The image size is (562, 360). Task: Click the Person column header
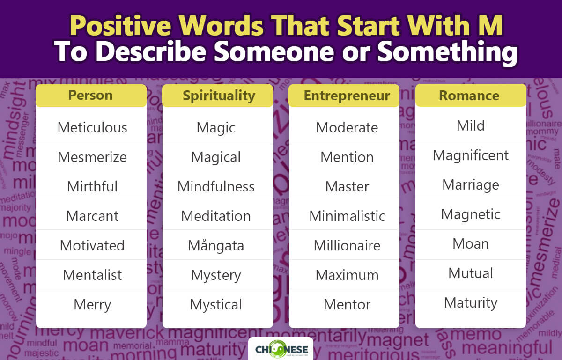[x=90, y=96]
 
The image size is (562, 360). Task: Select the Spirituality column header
[x=219, y=96]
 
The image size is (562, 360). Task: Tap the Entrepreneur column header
[x=347, y=96]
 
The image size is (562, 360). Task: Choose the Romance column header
[x=469, y=96]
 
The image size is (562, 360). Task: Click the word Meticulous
[x=92, y=127]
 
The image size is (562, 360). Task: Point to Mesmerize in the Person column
[x=92, y=157]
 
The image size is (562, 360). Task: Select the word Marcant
[x=92, y=216]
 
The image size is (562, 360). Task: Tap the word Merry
[x=92, y=304]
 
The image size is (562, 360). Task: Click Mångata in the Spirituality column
[x=216, y=245]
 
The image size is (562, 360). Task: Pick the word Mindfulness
[x=216, y=186]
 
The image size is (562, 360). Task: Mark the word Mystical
[x=216, y=304]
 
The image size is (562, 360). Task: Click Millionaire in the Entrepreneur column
[x=347, y=245]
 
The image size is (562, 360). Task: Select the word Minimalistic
[x=347, y=216]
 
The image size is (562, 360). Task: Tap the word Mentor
[x=347, y=304]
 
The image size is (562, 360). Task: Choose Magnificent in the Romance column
[x=471, y=155]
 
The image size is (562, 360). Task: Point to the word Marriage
[x=471, y=184]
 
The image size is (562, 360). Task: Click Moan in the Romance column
[x=471, y=243]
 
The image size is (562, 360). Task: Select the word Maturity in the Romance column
[x=471, y=302]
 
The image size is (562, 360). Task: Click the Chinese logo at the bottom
[x=281, y=349]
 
